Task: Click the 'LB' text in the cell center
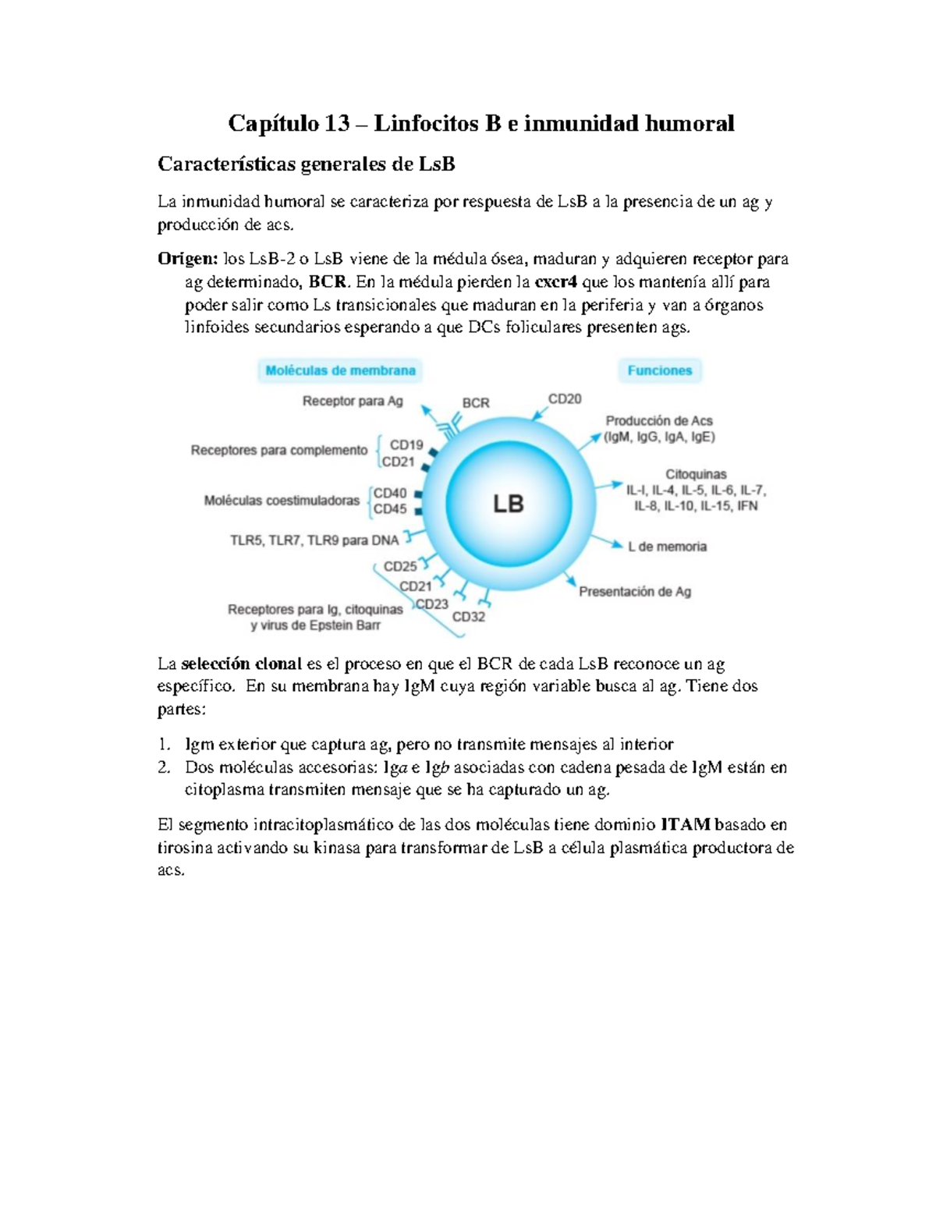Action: (x=508, y=504)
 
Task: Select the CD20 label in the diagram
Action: (x=565, y=399)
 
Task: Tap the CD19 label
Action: (x=406, y=445)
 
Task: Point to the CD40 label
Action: (x=390, y=493)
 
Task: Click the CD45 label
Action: (x=390, y=509)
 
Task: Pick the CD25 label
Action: (x=400, y=567)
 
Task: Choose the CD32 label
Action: (x=469, y=617)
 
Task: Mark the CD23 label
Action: (x=432, y=604)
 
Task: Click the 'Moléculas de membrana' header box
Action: (x=340, y=370)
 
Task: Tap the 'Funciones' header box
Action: (x=660, y=370)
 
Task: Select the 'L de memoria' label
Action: (x=667, y=547)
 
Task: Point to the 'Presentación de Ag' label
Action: (x=635, y=592)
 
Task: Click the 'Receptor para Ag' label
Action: (x=353, y=401)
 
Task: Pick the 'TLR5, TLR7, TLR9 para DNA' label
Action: (x=314, y=540)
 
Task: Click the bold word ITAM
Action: (x=685, y=824)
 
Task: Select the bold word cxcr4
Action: (x=555, y=282)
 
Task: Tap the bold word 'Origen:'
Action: (x=187, y=259)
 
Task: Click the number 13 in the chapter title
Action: (x=337, y=123)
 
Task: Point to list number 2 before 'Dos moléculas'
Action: (x=164, y=767)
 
